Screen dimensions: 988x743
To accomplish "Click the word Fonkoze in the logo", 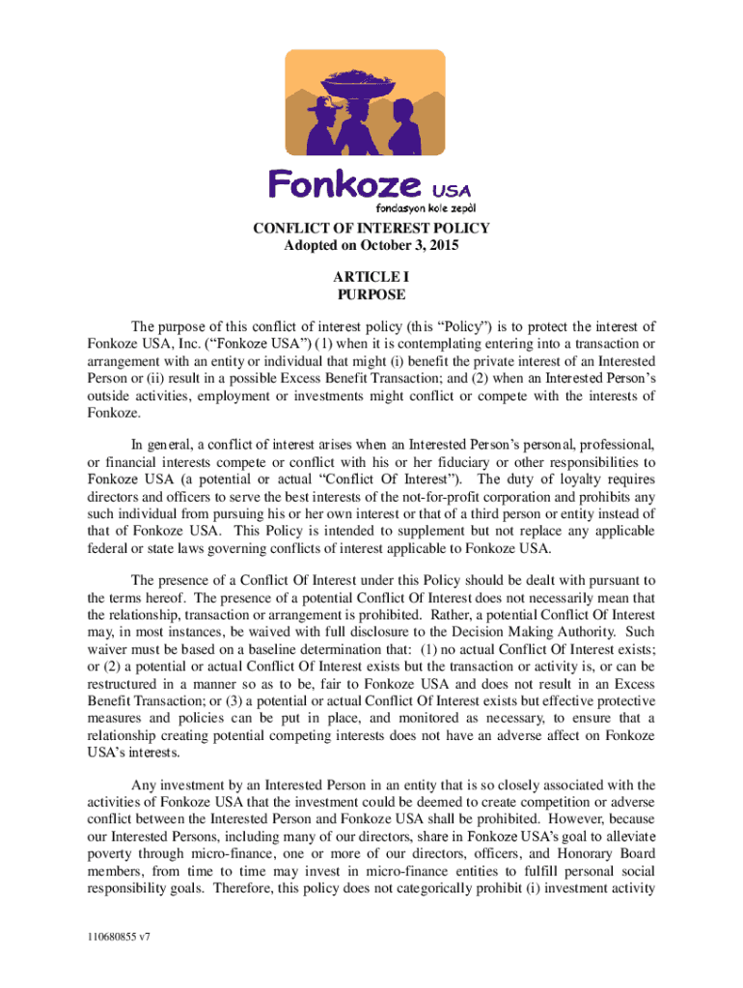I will pos(344,182).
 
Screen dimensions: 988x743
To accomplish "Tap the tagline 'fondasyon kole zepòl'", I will pos(425,206).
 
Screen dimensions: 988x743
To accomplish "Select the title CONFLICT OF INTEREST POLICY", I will pos(371,229).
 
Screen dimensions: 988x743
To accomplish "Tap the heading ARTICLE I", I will pos(371,278).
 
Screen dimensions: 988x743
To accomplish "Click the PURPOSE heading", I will pos(371,295).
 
